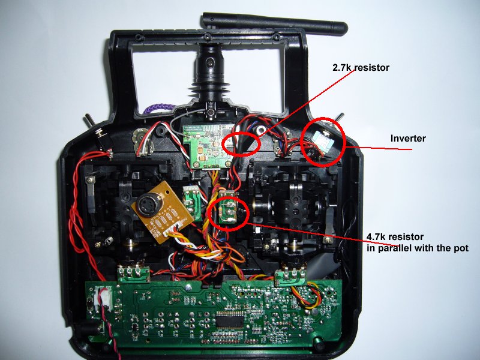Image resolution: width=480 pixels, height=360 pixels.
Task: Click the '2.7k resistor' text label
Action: [361, 67]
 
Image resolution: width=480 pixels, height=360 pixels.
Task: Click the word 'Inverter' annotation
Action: [408, 139]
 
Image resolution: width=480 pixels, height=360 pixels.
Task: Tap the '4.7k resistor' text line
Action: [395, 236]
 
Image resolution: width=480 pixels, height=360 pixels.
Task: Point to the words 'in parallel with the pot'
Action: [418, 248]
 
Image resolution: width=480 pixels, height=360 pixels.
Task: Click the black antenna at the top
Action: [275, 23]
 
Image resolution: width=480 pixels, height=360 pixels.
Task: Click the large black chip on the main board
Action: [230, 320]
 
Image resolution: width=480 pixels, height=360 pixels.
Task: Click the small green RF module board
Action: [208, 146]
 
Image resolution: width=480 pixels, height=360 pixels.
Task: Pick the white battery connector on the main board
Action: [103, 298]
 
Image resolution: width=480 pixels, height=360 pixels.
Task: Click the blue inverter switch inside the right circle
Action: [322, 140]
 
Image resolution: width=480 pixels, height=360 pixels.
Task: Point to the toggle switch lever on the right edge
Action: [340, 118]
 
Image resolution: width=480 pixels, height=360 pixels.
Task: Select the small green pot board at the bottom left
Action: [134, 274]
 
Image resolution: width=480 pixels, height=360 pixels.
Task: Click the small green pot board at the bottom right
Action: [290, 277]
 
